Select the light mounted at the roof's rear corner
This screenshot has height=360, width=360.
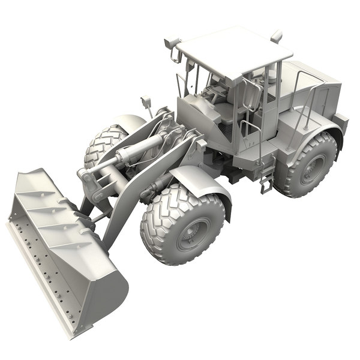tap(277, 36)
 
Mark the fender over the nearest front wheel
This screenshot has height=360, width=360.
tap(198, 180)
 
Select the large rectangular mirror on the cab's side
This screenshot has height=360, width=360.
tap(253, 96)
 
